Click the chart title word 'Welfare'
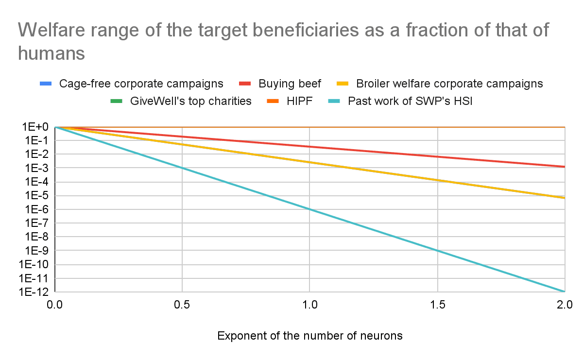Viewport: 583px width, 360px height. point(51,30)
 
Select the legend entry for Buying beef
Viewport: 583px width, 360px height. point(280,84)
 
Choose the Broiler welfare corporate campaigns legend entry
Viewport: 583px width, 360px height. point(440,84)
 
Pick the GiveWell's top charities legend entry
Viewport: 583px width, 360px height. point(181,101)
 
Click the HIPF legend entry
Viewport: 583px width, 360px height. point(290,101)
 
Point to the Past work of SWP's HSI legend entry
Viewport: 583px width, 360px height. point(400,101)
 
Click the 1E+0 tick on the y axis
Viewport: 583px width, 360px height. point(35,127)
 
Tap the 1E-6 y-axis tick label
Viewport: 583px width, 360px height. point(37,209)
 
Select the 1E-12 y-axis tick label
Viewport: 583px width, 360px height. point(34,292)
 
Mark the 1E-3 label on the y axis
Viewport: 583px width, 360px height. point(37,168)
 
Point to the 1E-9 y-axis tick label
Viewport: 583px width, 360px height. point(37,251)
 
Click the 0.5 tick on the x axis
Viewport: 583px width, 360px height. point(182,305)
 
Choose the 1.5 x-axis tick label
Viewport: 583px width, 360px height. point(438,305)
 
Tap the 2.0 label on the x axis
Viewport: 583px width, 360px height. point(565,305)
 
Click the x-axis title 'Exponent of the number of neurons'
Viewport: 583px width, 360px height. point(310,336)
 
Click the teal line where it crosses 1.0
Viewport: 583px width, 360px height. point(309,209)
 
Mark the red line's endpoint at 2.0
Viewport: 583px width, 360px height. point(565,167)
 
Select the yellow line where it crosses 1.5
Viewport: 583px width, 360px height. point(438,180)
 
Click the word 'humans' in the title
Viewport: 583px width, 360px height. point(51,53)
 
